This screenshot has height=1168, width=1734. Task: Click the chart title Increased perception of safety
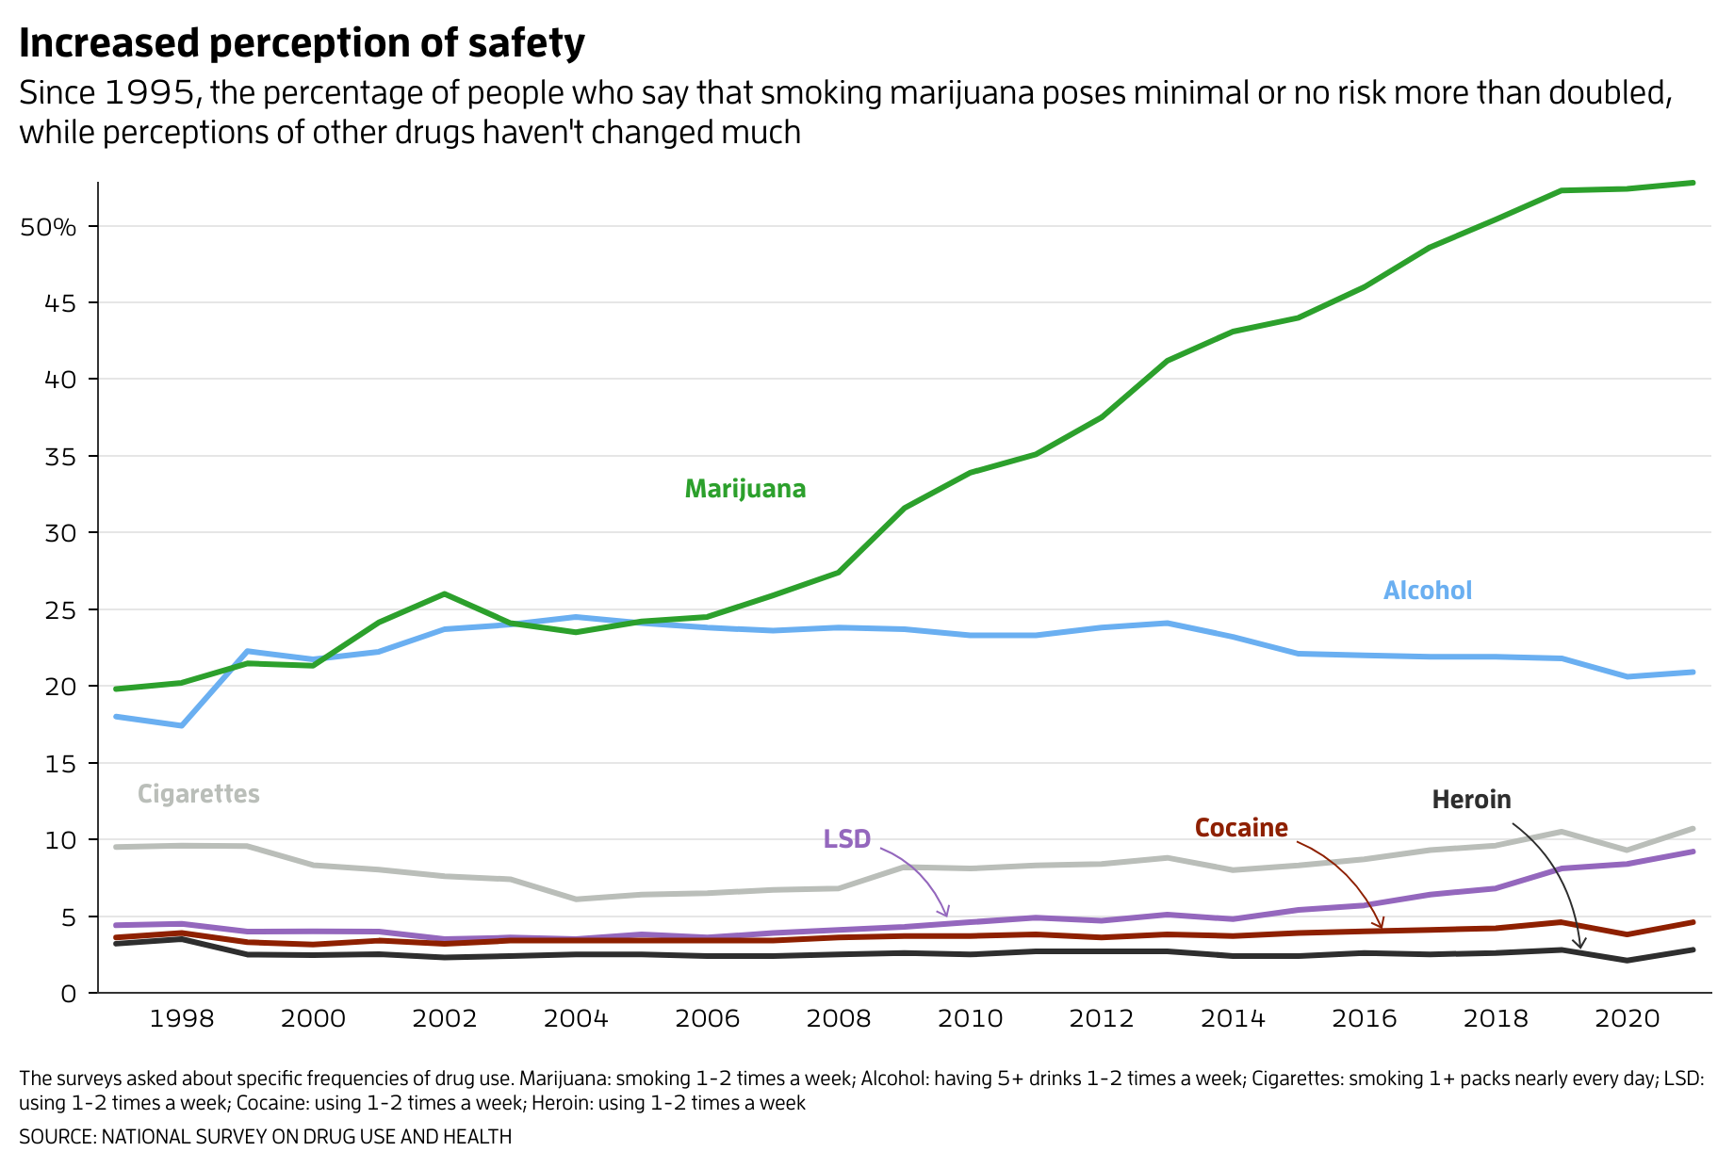coord(302,43)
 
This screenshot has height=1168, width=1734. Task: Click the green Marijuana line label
coord(744,489)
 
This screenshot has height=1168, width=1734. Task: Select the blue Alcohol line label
coord(1427,591)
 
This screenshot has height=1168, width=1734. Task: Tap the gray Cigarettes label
coord(198,794)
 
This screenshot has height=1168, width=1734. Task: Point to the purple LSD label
coord(846,839)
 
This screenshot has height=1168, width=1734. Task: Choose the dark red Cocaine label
coord(1240,828)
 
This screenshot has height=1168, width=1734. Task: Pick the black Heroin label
coord(1470,800)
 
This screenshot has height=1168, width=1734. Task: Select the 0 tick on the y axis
coord(68,994)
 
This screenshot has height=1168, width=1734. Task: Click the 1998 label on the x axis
coord(182,1019)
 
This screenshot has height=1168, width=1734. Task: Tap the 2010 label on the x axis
coord(970,1019)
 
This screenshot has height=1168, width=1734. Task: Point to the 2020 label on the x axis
coord(1627,1019)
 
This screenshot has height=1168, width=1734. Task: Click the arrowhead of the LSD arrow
coord(945,914)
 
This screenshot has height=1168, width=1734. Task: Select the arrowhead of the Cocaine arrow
coord(1382,927)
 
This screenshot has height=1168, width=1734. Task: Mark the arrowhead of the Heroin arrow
coord(1580,945)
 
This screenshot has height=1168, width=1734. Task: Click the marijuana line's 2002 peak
coord(444,594)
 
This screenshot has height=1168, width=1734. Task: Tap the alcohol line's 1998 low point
coord(182,725)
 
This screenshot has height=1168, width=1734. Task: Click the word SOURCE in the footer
coord(56,1137)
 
